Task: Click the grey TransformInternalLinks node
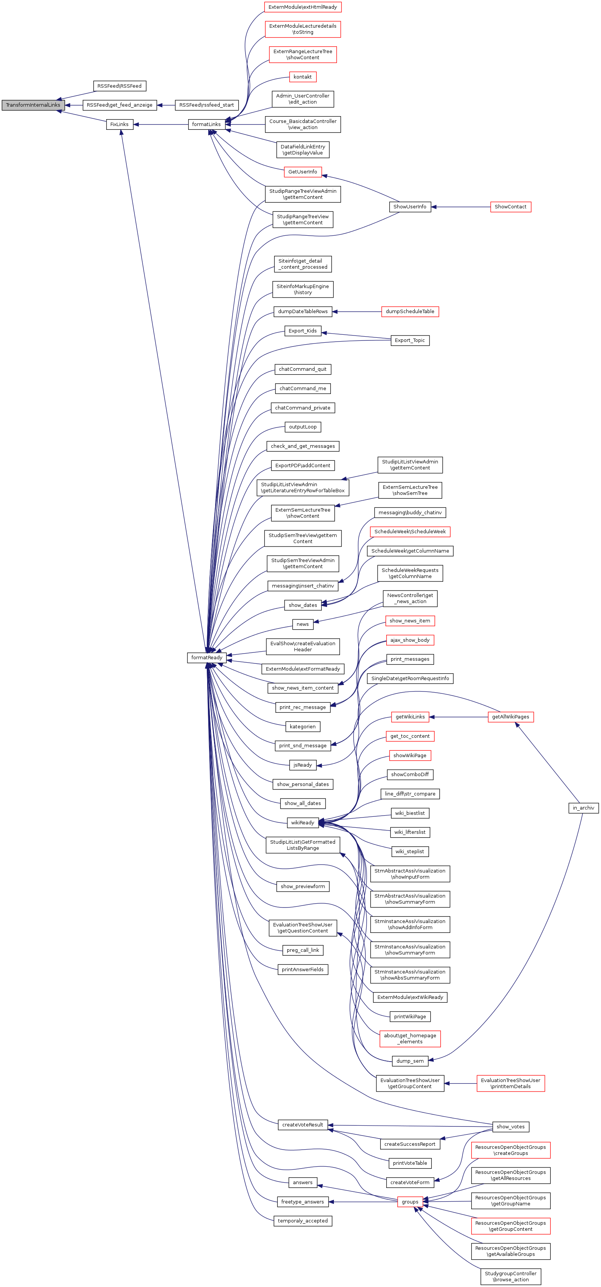(33, 105)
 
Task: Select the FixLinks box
(120, 124)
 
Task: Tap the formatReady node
(207, 657)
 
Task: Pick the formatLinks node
(206, 124)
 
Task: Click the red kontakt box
(303, 77)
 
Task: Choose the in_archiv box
(583, 808)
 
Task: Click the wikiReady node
(303, 822)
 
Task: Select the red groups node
(410, 1202)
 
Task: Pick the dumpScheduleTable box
(410, 312)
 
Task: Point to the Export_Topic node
(410, 340)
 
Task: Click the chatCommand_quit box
(303, 369)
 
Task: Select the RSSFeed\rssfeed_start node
(206, 105)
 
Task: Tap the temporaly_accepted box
(303, 1221)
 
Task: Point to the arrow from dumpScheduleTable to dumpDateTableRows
(357, 312)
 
